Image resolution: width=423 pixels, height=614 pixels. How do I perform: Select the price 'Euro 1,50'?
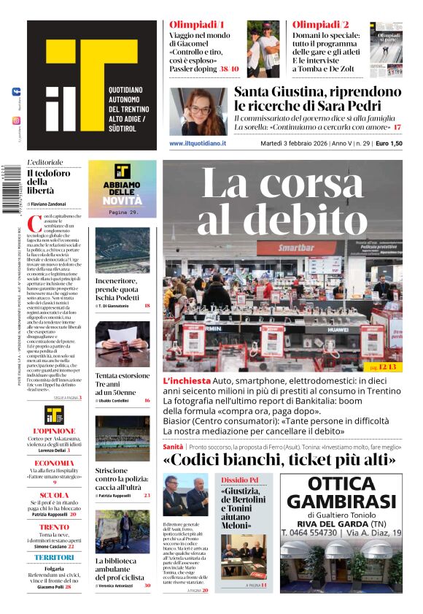point(389,144)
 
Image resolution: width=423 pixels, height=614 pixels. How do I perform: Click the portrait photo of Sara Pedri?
point(198,111)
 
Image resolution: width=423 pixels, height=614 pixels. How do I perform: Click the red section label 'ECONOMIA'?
point(54,463)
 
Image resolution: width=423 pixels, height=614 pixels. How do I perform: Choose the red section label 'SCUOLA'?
point(54,495)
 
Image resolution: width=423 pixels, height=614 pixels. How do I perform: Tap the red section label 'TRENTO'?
point(54,526)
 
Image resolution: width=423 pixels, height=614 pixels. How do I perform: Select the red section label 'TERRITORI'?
point(54,558)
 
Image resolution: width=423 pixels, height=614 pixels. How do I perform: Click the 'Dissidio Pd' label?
point(242,479)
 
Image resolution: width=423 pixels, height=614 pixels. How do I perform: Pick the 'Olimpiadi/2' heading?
point(321,25)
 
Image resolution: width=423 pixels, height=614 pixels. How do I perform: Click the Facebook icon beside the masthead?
point(16,92)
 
